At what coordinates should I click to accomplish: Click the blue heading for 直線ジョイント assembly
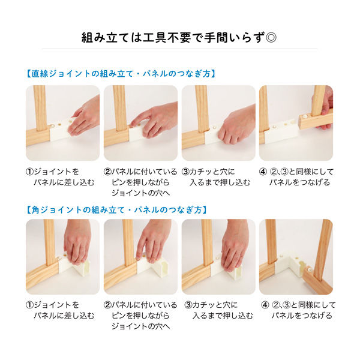[120, 74]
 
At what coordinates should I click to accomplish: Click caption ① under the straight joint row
[60, 176]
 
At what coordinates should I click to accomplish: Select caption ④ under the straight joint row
[296, 176]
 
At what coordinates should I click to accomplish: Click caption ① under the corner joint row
[60, 310]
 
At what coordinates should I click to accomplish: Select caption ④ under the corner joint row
[296, 310]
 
